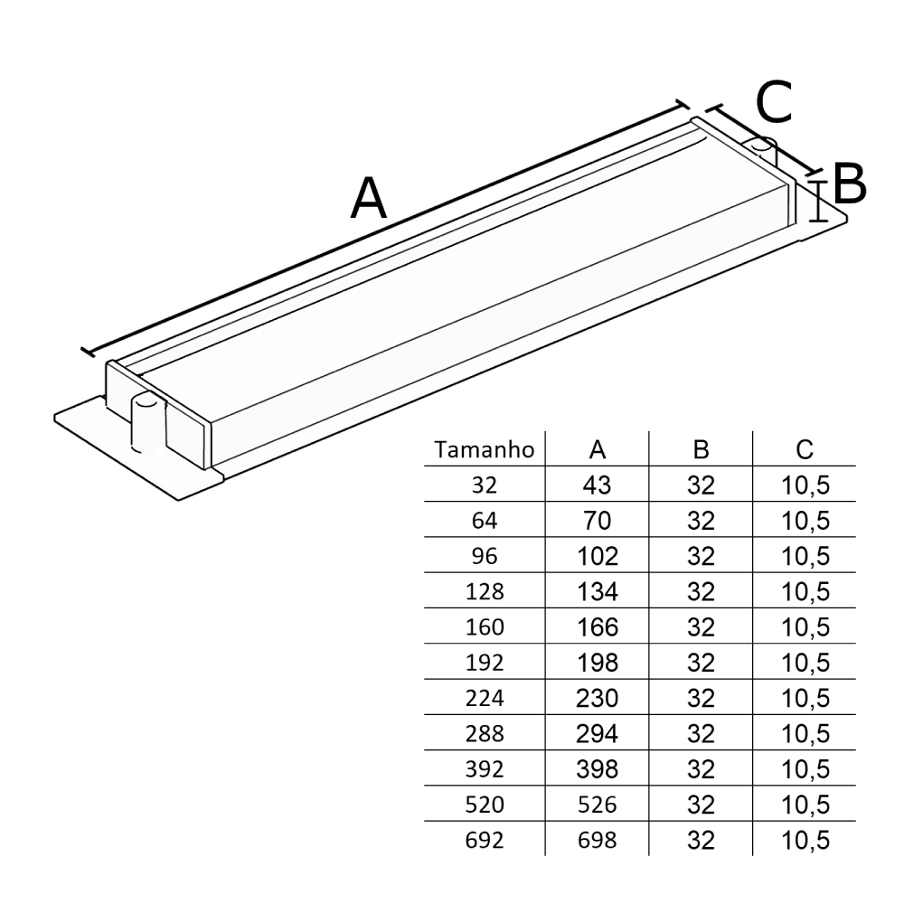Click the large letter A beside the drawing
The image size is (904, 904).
pos(369,199)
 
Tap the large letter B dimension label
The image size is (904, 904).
pos(850,184)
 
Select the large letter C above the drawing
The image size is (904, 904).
pos(774,102)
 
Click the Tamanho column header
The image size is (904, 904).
pos(484,450)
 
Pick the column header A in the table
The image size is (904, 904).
pos(598,450)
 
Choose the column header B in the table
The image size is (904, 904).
pos(701,450)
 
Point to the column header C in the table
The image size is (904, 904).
pos(805,450)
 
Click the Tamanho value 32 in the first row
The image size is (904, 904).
pos(484,485)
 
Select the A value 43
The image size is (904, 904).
pos(598,485)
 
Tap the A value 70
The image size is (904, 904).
pos(598,521)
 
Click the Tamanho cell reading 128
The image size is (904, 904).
pos(484,592)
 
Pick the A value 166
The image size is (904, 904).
pos(598,627)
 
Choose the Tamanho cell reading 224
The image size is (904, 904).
pos(484,698)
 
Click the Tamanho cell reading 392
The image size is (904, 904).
pos(484,769)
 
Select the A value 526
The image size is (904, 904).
pos(598,805)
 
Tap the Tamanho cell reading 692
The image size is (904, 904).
pos(484,840)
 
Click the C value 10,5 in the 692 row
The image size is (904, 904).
pos(805,840)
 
